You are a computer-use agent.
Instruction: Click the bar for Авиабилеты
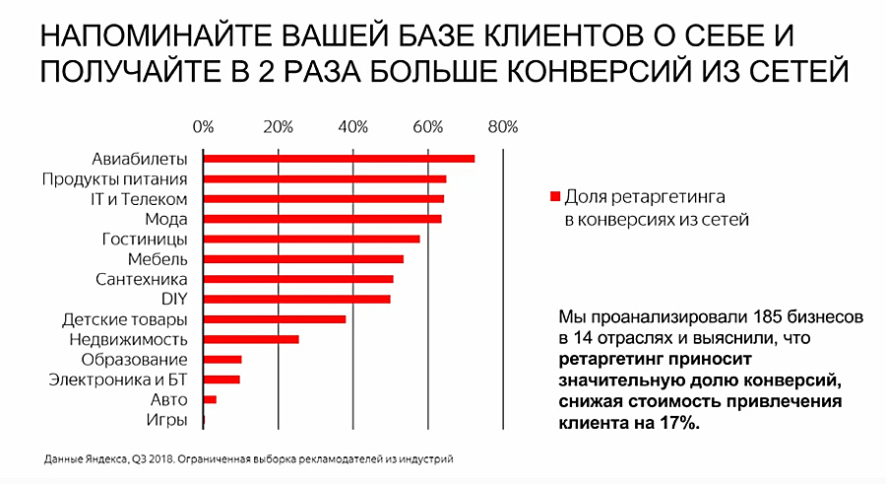(339, 159)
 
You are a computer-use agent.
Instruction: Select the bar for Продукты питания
(324, 178)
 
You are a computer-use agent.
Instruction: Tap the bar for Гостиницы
(311, 239)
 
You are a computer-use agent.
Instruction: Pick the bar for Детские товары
(275, 319)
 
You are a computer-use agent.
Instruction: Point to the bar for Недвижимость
(250, 339)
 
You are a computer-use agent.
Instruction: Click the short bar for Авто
(210, 399)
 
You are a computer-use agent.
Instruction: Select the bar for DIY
(296, 299)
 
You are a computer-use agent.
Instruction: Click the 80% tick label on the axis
(503, 126)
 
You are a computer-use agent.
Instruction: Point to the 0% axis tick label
(203, 126)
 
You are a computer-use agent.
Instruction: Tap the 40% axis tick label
(352, 126)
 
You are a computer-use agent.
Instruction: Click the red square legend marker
(555, 196)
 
